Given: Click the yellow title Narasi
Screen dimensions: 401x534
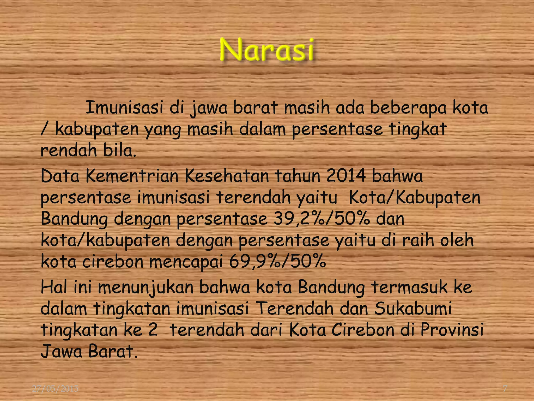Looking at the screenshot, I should pyautogui.click(x=266, y=50).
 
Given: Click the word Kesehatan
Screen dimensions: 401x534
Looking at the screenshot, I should pyautogui.click(x=227, y=176).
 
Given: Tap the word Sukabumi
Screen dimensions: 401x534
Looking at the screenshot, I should pyautogui.click(x=413, y=309).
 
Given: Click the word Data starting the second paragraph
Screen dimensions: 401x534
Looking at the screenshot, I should pyautogui.click(x=60, y=176).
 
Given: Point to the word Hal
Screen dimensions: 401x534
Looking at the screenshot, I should pyautogui.click(x=53, y=287).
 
